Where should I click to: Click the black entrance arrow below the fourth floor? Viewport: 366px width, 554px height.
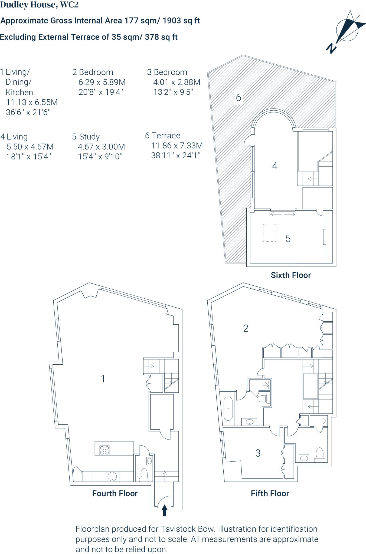point(164,511)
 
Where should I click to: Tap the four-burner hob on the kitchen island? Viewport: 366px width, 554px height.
point(104,450)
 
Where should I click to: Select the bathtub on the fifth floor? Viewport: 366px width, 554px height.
point(228,409)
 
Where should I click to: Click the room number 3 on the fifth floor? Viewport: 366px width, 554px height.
point(258,453)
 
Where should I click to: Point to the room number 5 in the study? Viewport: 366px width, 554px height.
point(288,239)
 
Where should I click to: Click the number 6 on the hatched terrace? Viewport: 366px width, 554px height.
point(238,98)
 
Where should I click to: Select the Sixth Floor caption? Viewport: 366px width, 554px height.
point(291,275)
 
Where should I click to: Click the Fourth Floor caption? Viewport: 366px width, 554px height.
point(115,494)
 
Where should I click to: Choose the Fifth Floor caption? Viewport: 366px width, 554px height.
point(270,494)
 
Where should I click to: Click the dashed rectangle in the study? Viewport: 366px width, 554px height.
point(270,233)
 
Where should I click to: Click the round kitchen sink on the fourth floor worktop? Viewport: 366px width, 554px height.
point(112,477)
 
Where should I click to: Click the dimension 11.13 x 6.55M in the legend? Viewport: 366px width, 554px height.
point(32,102)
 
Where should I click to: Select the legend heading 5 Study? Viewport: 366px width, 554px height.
point(86,137)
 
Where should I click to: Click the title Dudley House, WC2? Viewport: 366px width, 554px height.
point(40,5)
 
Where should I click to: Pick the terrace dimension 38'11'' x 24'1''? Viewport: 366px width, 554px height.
point(176,156)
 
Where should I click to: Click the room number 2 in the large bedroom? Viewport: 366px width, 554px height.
point(246,328)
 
